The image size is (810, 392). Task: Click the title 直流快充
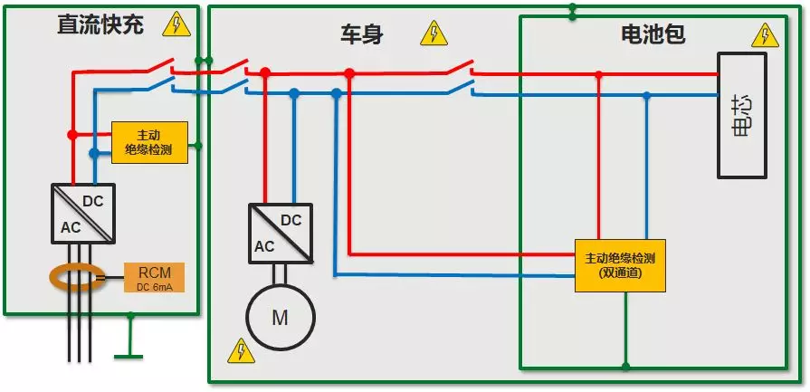100,24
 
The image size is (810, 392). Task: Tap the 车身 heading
362,35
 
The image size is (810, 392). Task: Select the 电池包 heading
653,34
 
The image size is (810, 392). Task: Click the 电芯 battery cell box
742,115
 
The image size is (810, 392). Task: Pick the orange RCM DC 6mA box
154,277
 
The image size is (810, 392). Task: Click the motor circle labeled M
280,317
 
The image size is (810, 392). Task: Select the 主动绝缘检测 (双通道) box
620,265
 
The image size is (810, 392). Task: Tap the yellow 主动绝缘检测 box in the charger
149,142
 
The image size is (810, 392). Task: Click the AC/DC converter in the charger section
83,214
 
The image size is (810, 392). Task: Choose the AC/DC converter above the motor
281,234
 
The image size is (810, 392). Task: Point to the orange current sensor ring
76,277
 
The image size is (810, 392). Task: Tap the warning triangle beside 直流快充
176,24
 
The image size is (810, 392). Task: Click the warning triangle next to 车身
434,33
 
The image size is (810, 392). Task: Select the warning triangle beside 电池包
765,35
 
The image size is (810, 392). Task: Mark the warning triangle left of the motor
242,350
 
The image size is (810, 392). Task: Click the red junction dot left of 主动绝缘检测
72,135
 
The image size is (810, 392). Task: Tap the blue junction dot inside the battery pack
647,95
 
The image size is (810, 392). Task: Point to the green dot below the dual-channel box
625,367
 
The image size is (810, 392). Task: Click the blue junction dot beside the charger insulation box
94,153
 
